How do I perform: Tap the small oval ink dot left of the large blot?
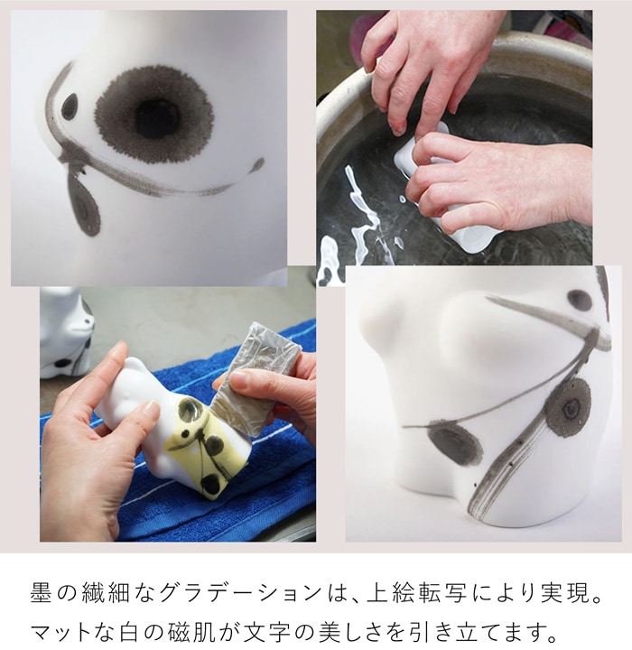pyautogui.click(x=70, y=107)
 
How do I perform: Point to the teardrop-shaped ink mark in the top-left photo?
pyautogui.click(x=85, y=207)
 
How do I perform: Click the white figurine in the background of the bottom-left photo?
pyautogui.click(x=66, y=330)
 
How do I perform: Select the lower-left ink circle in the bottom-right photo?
pyautogui.click(x=455, y=443)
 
